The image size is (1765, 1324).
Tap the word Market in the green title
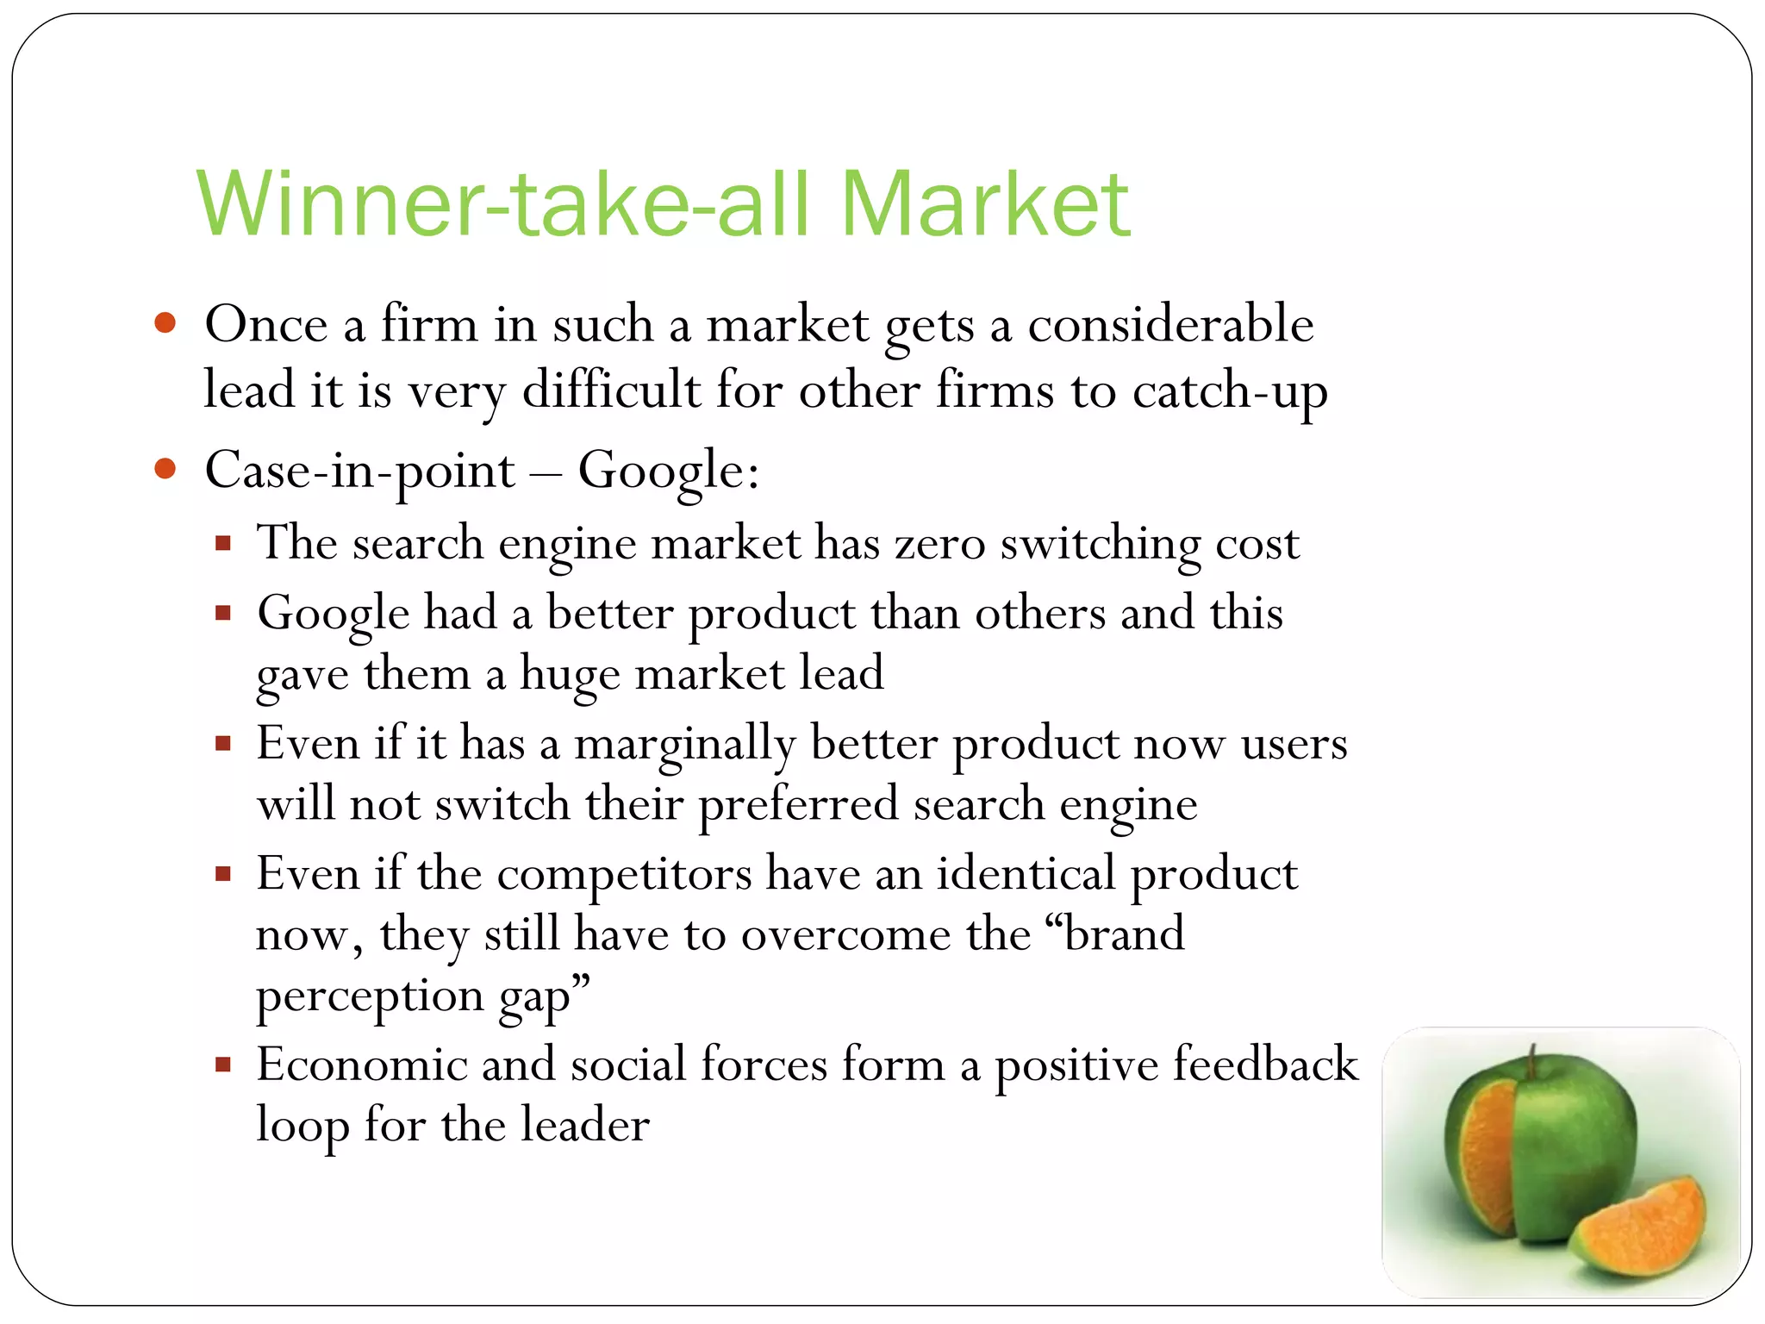tap(984, 204)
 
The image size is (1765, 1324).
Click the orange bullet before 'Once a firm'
tap(165, 324)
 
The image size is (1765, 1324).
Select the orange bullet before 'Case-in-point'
tap(165, 470)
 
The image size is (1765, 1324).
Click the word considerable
tap(1170, 325)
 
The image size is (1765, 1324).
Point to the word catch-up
tap(1230, 391)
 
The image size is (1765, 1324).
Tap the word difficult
tap(611, 390)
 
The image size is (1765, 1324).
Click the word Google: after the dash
tap(669, 472)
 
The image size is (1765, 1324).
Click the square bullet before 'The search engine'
tap(224, 544)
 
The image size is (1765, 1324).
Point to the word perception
tap(370, 997)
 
